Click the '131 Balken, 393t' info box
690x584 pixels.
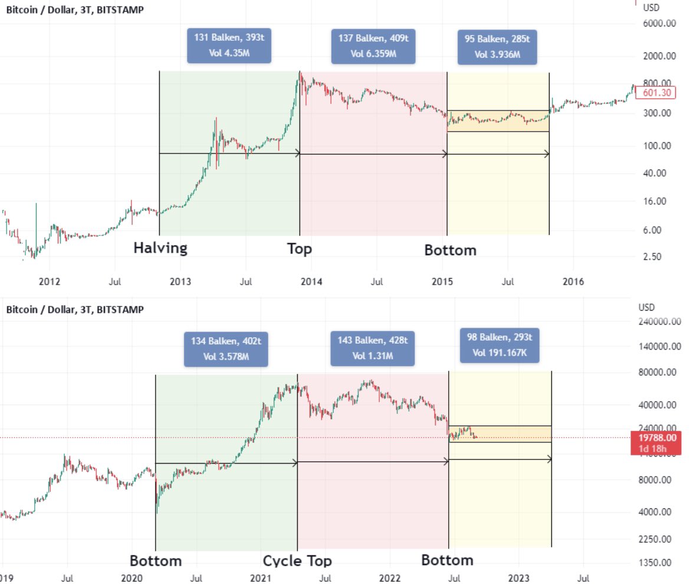[229, 45]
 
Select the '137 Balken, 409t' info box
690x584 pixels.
[373, 46]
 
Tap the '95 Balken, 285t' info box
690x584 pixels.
[497, 47]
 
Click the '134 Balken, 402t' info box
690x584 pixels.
[226, 349]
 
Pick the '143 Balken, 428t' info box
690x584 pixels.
[372, 348]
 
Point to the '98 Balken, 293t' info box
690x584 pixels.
[499, 346]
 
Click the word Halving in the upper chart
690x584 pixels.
[160, 248]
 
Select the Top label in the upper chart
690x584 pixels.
[300, 249]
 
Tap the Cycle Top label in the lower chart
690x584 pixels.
[297, 561]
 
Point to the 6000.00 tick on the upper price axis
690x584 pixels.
[659, 24]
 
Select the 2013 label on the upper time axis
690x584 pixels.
[180, 282]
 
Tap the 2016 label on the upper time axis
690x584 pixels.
[573, 282]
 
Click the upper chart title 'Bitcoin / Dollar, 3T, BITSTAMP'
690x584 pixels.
[74, 9]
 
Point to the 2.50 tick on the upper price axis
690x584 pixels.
[652, 256]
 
